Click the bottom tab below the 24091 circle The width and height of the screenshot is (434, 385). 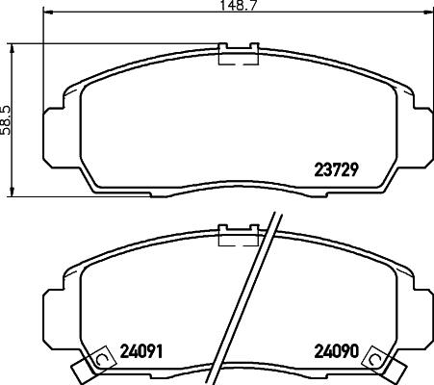point(87,370)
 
